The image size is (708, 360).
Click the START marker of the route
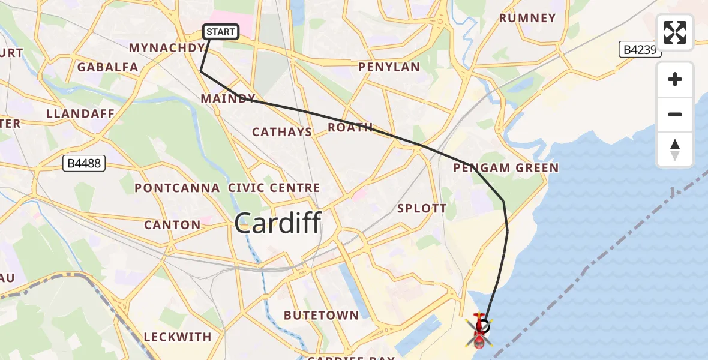(x=221, y=32)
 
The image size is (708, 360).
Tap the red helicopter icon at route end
(x=481, y=331)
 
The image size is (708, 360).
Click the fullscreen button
(x=675, y=32)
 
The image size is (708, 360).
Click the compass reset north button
(x=675, y=149)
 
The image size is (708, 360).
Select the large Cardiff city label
(x=278, y=223)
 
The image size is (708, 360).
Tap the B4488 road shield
(x=83, y=163)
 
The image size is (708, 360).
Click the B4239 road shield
(x=640, y=50)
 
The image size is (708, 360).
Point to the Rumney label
(x=527, y=18)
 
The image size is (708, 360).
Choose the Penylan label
(x=389, y=67)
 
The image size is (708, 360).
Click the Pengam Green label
(x=506, y=168)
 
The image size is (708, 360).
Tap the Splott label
(x=422, y=208)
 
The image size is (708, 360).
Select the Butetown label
(x=322, y=315)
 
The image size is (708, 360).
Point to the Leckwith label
(x=178, y=337)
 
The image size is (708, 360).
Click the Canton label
(x=172, y=225)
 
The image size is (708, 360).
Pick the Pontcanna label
(x=177, y=188)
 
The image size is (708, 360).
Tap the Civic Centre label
(x=274, y=188)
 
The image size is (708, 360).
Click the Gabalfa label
(x=108, y=67)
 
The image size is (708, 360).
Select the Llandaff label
(x=75, y=113)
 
